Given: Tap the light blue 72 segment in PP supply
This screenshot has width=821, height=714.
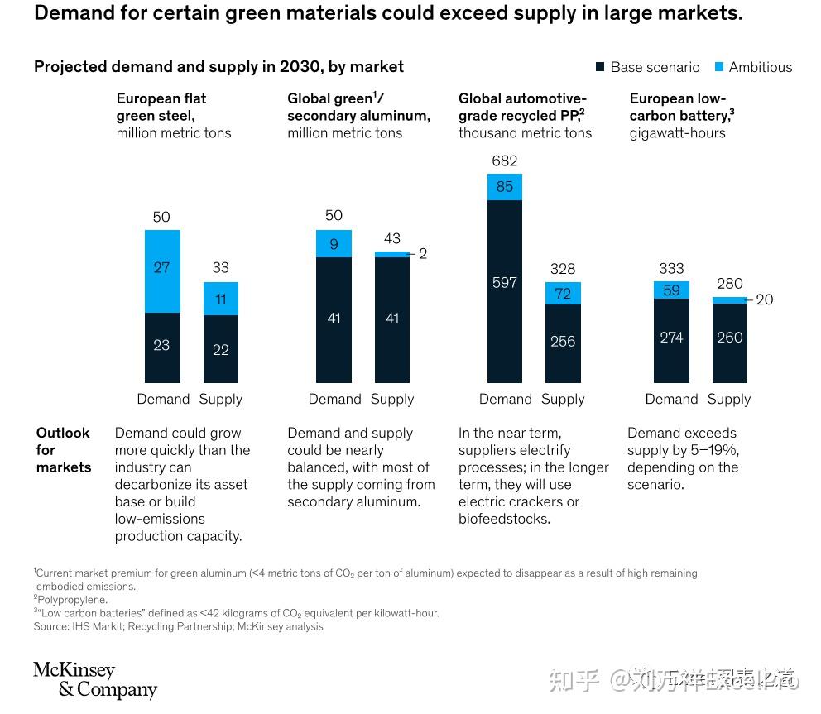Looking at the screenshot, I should coord(563,293).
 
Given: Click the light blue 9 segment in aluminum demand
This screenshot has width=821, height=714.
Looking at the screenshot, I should coord(334,243).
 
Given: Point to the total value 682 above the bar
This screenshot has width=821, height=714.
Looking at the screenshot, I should coord(504,161).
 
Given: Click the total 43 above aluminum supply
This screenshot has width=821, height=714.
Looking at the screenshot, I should coord(391,238).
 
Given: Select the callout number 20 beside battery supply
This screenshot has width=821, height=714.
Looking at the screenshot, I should coord(764,299).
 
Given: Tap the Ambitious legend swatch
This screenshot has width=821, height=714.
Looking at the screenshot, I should coord(719,67).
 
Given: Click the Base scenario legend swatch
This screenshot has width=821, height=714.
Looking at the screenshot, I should coord(601,67).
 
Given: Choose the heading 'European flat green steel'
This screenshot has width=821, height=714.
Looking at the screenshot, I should coord(161,107).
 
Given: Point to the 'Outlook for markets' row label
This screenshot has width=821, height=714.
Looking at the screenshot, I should coord(63,450).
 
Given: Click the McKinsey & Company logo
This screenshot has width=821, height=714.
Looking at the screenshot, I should coord(94,679).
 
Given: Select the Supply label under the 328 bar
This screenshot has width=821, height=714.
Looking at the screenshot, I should coord(563,399).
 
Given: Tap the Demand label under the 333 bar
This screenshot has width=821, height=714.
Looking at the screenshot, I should coord(671,399).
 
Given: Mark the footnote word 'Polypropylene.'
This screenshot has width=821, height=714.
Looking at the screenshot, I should coord(73,599).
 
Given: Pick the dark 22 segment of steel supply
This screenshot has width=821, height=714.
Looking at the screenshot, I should coord(220,348).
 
